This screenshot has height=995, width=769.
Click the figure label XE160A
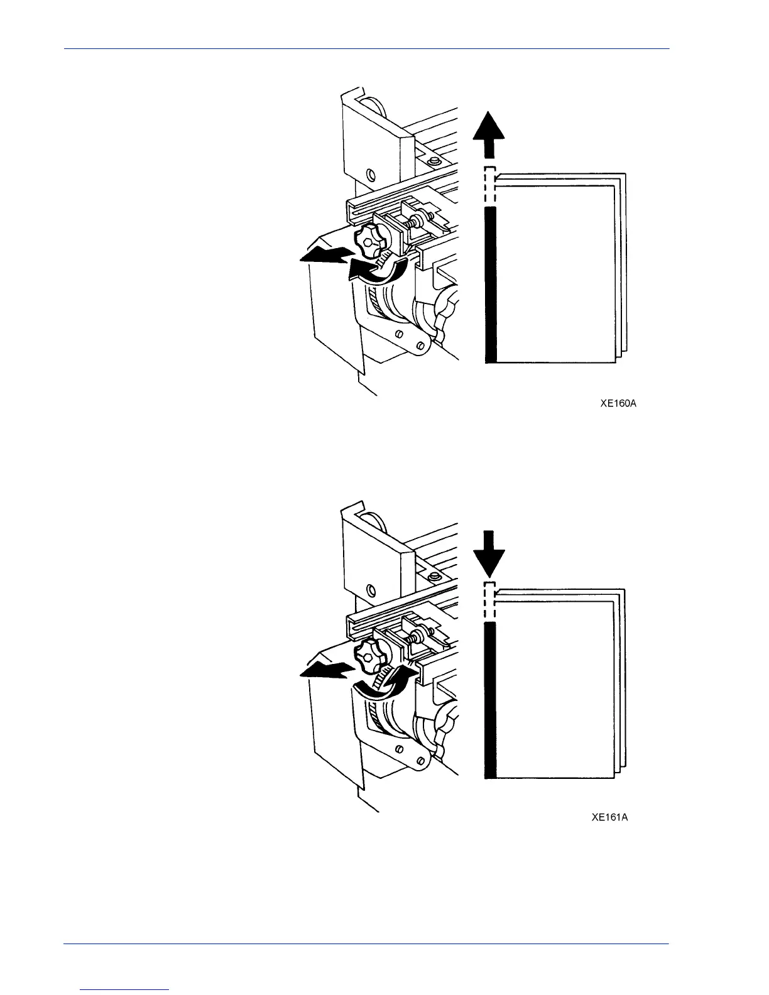click(618, 404)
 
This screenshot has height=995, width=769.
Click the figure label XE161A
click(609, 817)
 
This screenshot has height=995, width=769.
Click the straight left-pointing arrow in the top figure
click(324, 256)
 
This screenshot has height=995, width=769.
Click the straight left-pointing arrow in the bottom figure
click(324, 671)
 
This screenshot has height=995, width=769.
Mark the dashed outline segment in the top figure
click(490, 186)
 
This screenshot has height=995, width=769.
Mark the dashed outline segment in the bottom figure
click(490, 602)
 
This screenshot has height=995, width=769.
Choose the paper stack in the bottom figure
click(556, 685)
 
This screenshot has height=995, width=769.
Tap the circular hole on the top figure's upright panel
click(371, 173)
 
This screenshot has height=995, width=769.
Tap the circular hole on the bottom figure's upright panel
click(371, 589)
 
